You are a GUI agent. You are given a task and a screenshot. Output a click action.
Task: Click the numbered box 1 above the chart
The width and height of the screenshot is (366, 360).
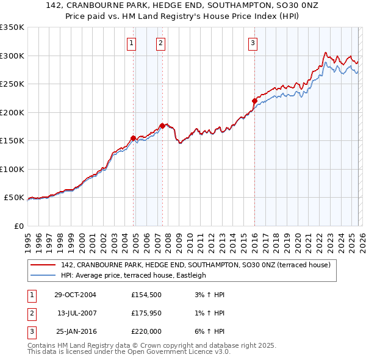132,43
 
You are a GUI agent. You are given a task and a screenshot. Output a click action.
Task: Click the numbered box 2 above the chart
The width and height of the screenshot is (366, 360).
160,43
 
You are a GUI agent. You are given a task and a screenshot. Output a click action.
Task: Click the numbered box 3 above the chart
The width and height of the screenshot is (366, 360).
253,43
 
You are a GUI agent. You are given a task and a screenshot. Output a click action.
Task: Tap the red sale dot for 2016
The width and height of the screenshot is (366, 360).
254,101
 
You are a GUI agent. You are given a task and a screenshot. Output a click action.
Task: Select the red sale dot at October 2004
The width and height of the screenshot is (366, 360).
133,138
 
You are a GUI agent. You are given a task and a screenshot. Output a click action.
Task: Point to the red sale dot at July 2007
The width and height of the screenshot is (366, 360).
162,126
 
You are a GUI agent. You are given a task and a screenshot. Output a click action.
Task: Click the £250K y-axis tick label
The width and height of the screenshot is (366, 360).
12,84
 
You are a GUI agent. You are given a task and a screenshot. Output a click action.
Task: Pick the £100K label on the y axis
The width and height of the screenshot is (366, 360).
12,169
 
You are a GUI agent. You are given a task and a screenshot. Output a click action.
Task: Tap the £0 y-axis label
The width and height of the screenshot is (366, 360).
18,226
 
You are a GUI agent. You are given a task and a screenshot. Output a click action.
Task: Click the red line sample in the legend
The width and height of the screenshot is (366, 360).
43,265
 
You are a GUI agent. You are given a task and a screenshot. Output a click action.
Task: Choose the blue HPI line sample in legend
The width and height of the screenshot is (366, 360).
43,275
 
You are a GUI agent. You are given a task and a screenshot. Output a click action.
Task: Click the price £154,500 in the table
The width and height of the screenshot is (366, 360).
146,295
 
